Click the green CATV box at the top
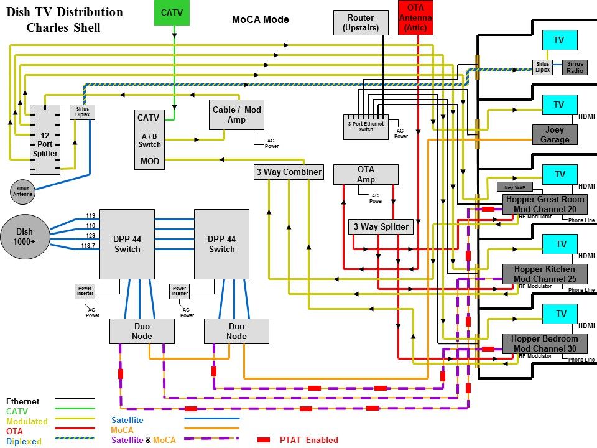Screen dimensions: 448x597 pos(172,12)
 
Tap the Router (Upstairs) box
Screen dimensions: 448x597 pos(361,22)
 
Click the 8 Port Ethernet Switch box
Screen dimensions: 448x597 pos(366,127)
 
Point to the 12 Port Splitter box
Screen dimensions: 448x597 pos(45,139)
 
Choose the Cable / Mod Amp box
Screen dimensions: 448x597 pos(237,114)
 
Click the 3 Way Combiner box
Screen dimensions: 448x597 pos(289,172)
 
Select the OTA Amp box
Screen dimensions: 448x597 pos(366,174)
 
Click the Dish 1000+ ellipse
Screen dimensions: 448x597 pos(25,237)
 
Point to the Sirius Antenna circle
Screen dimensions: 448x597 pos(22,191)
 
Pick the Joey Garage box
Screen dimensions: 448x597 pos(555,135)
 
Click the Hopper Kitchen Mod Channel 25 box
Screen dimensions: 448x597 pos(545,274)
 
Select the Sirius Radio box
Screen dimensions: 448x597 pos(575,67)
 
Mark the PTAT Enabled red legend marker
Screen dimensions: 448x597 pos(264,440)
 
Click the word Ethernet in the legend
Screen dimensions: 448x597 pos(22,402)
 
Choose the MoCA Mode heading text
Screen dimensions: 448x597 pos(260,19)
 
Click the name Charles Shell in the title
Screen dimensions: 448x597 pos(63,28)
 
